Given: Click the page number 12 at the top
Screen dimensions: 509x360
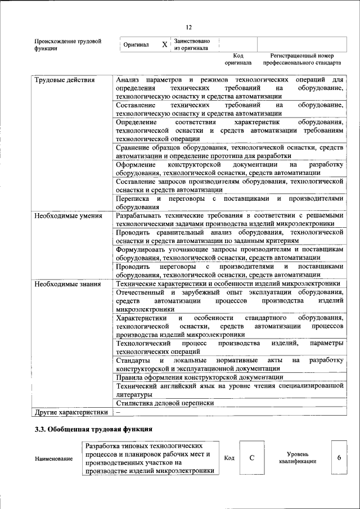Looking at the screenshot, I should pyautogui.click(x=189, y=27).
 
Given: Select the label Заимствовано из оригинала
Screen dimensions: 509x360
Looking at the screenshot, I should pyautogui.click(x=192, y=44).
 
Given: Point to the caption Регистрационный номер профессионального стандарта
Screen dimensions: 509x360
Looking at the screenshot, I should pyautogui.click(x=302, y=60).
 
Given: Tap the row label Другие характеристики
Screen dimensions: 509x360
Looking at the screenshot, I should pyautogui.click(x=71, y=412).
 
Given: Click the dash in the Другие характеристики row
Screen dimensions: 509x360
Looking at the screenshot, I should pyautogui.click(x=118, y=412).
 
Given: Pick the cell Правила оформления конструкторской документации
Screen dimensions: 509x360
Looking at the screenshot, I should pyautogui.click(x=199, y=377).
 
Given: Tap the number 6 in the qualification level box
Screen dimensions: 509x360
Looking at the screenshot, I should pyautogui.click(x=339, y=457).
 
